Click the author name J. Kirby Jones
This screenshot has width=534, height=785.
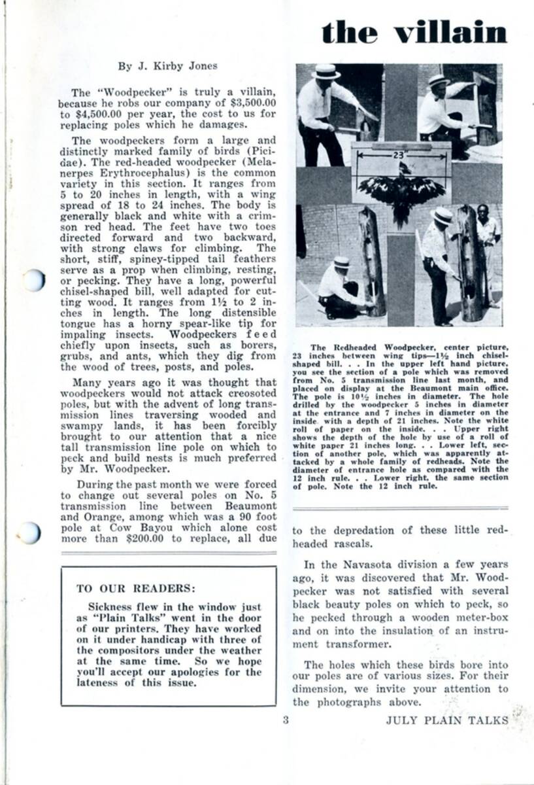pyautogui.click(x=167, y=65)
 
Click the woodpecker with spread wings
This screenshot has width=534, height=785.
pyautogui.click(x=401, y=192)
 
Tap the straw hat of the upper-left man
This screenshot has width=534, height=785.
pyautogui.click(x=325, y=71)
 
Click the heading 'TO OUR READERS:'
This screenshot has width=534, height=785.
pyautogui.click(x=136, y=588)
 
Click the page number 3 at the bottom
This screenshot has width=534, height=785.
pyautogui.click(x=285, y=720)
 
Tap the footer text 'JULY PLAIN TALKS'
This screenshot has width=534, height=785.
pyautogui.click(x=446, y=720)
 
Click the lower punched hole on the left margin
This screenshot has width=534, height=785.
pyautogui.click(x=30, y=532)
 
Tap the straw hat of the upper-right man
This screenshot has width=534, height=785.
pyautogui.click(x=439, y=80)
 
